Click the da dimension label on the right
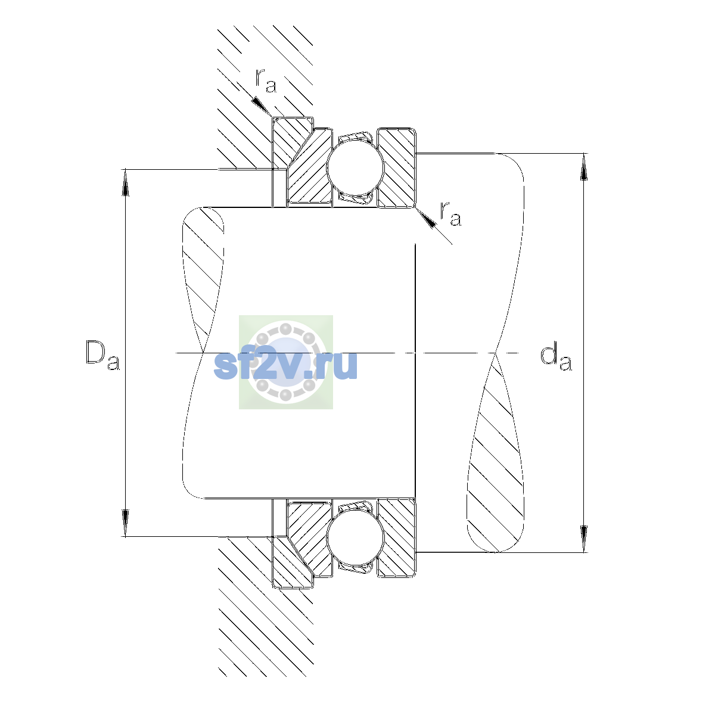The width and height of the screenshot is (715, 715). click(556, 358)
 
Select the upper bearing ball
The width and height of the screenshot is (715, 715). click(355, 167)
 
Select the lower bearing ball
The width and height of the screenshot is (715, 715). click(355, 539)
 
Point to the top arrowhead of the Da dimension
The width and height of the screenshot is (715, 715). click(125, 182)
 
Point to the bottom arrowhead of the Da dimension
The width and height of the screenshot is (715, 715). click(125, 524)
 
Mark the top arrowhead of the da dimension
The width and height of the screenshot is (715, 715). click(584, 167)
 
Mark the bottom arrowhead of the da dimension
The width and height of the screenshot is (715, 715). click(584, 539)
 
